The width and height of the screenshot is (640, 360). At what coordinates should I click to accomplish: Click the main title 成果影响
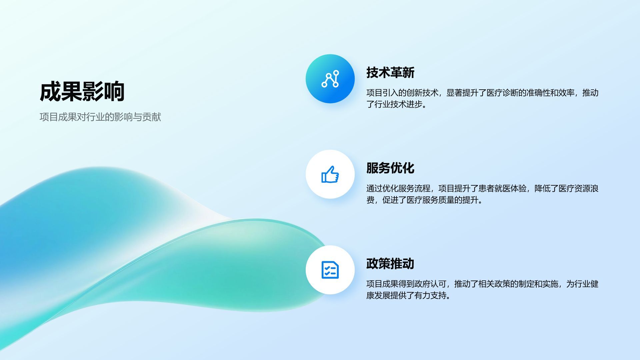tap(82, 92)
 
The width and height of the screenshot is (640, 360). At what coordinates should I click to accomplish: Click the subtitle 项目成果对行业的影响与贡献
tap(100, 117)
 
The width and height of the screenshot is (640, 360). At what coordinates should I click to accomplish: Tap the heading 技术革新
tap(390, 72)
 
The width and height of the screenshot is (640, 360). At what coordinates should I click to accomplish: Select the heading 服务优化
tap(390, 168)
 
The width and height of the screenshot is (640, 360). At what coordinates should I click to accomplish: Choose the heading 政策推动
tap(390, 264)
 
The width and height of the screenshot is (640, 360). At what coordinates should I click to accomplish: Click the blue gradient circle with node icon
tap(330, 79)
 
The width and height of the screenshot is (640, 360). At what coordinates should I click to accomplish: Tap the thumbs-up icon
tap(330, 174)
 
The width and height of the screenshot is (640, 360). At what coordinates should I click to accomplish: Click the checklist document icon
tap(330, 270)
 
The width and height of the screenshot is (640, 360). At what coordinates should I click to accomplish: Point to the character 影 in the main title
tap(93, 92)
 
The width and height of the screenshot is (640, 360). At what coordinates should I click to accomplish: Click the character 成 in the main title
tap(50, 92)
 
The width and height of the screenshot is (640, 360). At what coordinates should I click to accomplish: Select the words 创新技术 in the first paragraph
tap(422, 93)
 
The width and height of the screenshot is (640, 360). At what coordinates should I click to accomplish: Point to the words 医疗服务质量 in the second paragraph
tap(430, 200)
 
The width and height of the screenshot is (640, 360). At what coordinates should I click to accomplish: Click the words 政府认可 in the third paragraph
tap(430, 284)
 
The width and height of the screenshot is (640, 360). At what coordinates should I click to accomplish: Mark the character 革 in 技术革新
tap(396, 72)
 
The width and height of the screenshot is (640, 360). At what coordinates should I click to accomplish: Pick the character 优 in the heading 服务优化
tap(396, 168)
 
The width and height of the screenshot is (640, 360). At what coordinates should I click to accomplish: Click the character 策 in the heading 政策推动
tap(384, 264)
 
